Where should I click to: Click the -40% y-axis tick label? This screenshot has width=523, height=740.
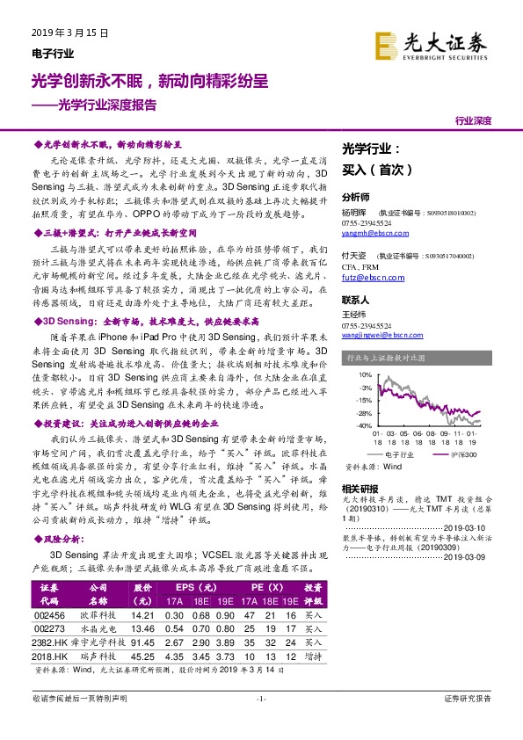click(x=360, y=425)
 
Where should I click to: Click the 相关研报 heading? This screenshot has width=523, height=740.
click(x=360, y=488)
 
